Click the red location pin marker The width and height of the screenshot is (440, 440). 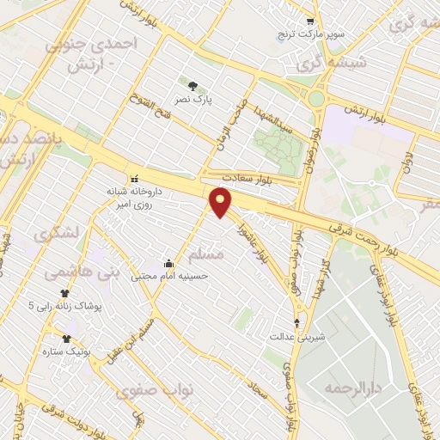coord(223,203)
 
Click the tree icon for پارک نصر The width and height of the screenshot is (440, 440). coord(192,85)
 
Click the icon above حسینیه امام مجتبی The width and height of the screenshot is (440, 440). coord(168,263)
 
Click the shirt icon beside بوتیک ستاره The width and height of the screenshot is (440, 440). coord(65,338)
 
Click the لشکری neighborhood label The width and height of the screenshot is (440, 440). coord(57,233)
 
